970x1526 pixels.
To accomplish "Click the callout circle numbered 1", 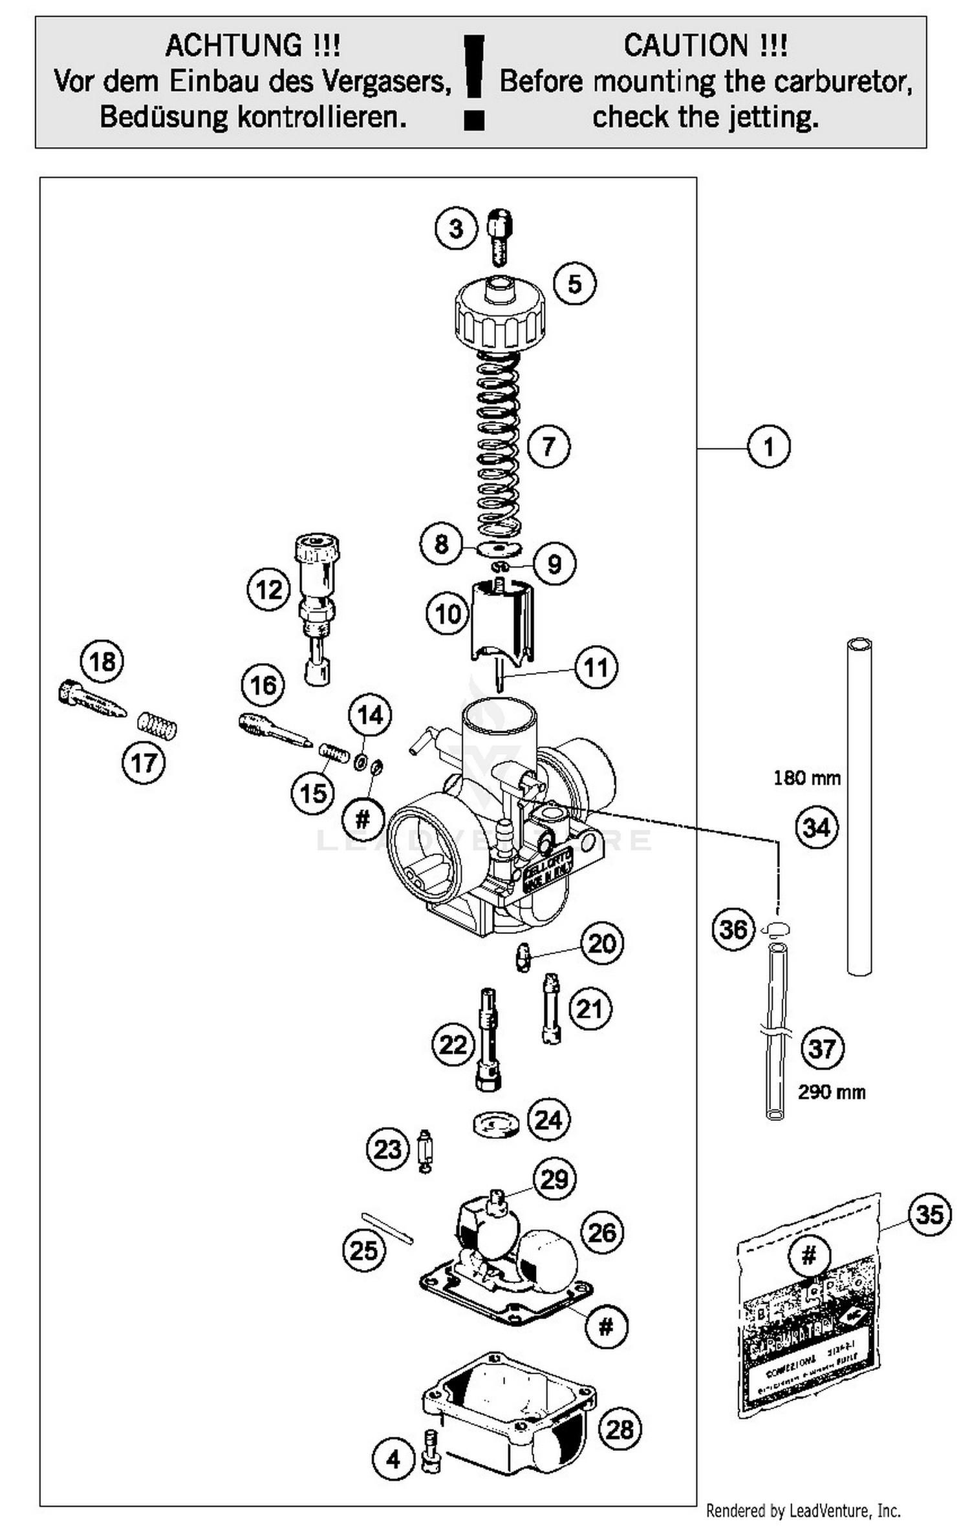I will [768, 447].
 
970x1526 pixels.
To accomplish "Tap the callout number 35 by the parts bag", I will [929, 1214].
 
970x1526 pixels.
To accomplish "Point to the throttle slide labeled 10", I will [502, 620].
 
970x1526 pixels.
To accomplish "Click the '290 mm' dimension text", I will [831, 1092].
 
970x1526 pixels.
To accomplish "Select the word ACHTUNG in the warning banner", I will [253, 46].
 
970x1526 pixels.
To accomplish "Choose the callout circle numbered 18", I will [102, 662].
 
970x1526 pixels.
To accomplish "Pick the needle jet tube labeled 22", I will [489, 1041].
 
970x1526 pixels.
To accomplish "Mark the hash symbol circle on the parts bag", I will [809, 1256].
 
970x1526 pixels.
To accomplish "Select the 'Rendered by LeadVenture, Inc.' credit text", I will [803, 1510].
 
